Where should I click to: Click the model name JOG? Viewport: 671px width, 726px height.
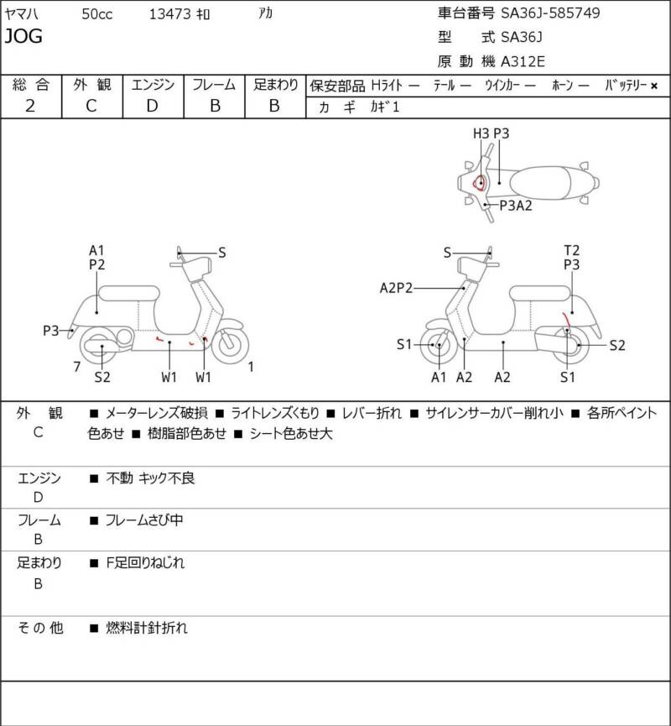pyautogui.click(x=23, y=35)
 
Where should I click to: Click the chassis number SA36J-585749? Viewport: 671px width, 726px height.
pyautogui.click(x=550, y=13)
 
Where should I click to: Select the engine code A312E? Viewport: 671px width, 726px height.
pyautogui.click(x=523, y=61)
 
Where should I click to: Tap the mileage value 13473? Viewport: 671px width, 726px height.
pyautogui.click(x=169, y=14)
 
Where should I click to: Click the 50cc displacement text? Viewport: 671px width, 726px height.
pyautogui.click(x=97, y=14)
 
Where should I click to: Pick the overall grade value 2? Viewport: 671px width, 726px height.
pyautogui.click(x=30, y=106)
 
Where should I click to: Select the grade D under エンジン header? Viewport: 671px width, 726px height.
pyautogui.click(x=153, y=106)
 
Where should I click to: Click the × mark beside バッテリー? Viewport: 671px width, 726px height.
pyautogui.click(x=654, y=86)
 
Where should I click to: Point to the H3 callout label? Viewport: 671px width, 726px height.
pyautogui.click(x=481, y=133)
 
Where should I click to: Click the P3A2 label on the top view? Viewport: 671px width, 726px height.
pyautogui.click(x=516, y=205)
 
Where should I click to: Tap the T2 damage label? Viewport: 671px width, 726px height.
pyautogui.click(x=571, y=250)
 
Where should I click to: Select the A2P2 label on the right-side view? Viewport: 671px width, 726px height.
pyautogui.click(x=396, y=288)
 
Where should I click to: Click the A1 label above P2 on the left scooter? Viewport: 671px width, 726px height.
pyautogui.click(x=96, y=250)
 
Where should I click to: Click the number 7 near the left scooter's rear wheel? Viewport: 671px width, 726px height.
pyautogui.click(x=77, y=367)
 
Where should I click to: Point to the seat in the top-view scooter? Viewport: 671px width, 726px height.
pyautogui.click(x=540, y=182)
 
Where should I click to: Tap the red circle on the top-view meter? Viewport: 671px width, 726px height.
pyautogui.click(x=480, y=182)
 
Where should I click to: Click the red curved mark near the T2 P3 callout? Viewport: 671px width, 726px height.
pyautogui.click(x=565, y=321)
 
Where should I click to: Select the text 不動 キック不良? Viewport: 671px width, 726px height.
pyautogui.click(x=150, y=478)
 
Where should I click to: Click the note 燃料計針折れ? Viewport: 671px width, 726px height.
pyautogui.click(x=147, y=628)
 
